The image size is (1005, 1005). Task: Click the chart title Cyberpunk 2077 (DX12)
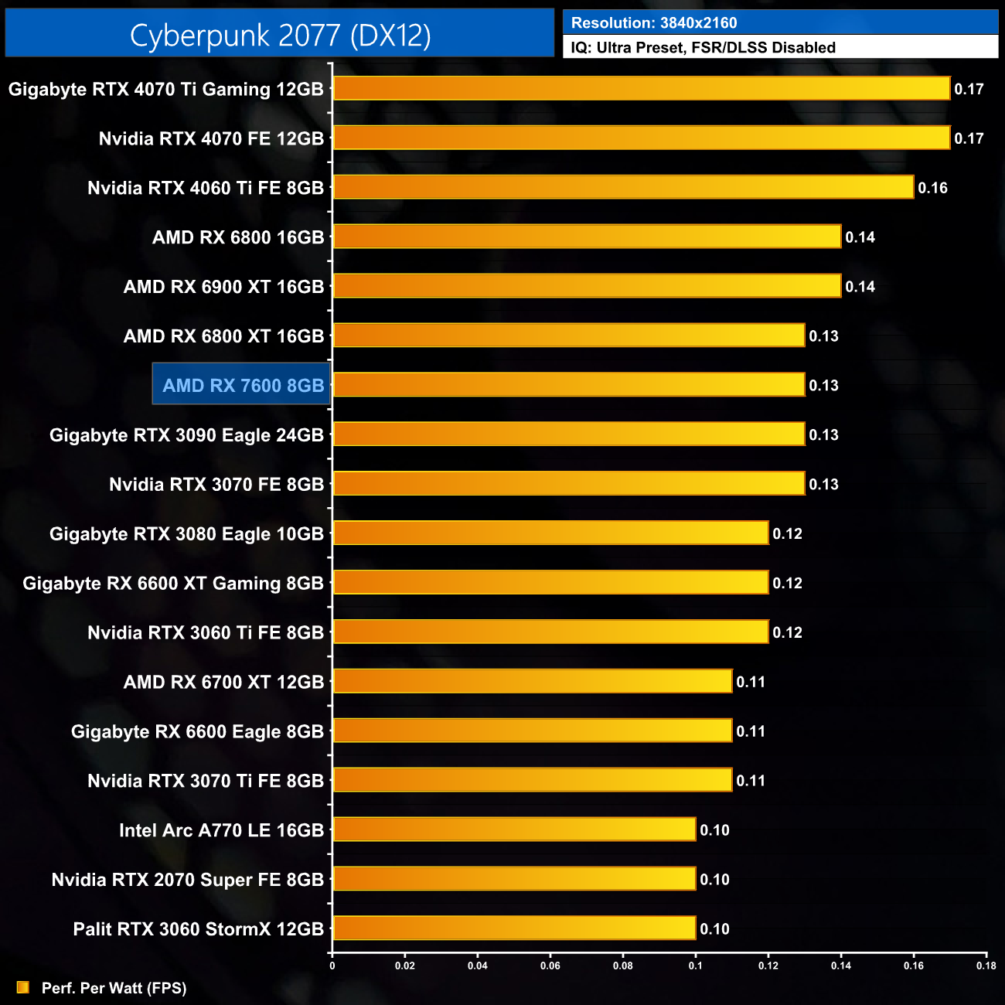pos(280,35)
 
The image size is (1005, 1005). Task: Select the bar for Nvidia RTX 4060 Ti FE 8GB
pos(623,187)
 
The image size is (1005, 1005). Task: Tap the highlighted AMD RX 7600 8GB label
pos(243,385)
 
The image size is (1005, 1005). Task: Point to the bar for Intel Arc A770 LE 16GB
pos(514,830)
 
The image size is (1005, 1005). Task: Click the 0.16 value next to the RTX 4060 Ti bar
pos(932,188)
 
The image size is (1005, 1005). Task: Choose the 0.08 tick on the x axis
pos(622,966)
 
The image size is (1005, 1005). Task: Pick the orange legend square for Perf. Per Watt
pos(23,987)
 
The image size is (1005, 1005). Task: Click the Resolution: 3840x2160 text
pos(654,23)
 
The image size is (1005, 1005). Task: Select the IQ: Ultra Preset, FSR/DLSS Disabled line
pos(703,48)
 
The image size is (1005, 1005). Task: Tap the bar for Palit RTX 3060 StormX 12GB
pos(514,928)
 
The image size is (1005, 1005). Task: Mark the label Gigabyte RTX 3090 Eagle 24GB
pos(186,435)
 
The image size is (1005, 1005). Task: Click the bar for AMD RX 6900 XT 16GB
pos(587,286)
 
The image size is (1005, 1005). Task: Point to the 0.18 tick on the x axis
pos(986,966)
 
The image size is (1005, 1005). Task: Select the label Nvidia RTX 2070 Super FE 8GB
pos(187,880)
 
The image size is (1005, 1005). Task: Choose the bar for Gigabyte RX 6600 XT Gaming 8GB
pos(550,583)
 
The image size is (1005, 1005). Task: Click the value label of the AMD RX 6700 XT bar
pos(751,682)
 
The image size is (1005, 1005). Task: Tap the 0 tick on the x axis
pos(332,966)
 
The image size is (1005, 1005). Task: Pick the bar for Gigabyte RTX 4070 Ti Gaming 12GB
pos(641,88)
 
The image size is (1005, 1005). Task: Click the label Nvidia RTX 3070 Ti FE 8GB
pos(205,781)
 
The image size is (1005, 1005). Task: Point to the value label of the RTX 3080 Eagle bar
pos(787,533)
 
